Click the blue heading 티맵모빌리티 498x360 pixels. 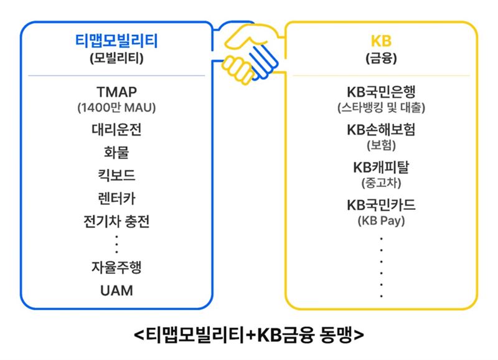tap(116, 41)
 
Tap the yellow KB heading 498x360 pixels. tap(381, 41)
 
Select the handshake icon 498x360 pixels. tap(250, 54)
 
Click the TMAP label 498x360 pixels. tap(116, 92)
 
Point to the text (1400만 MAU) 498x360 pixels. tap(116, 108)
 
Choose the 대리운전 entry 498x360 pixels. tap(116, 130)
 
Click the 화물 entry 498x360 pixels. tap(116, 153)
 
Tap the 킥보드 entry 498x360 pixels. tap(116, 176)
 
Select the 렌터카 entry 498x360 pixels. tap(116, 199)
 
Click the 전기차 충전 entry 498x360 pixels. tap(116, 222)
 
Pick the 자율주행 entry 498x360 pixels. tap(116, 267)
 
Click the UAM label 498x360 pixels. tap(116, 291)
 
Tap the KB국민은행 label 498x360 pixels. tap(381, 92)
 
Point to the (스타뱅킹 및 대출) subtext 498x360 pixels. tap(381, 108)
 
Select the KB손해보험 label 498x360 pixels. tap(381, 130)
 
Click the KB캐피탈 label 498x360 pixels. tap(381, 168)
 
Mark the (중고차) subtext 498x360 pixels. tap(381, 183)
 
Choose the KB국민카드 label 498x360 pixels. tap(381, 206)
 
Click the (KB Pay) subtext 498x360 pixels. tap(381, 221)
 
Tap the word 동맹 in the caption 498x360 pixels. tap(337, 334)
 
